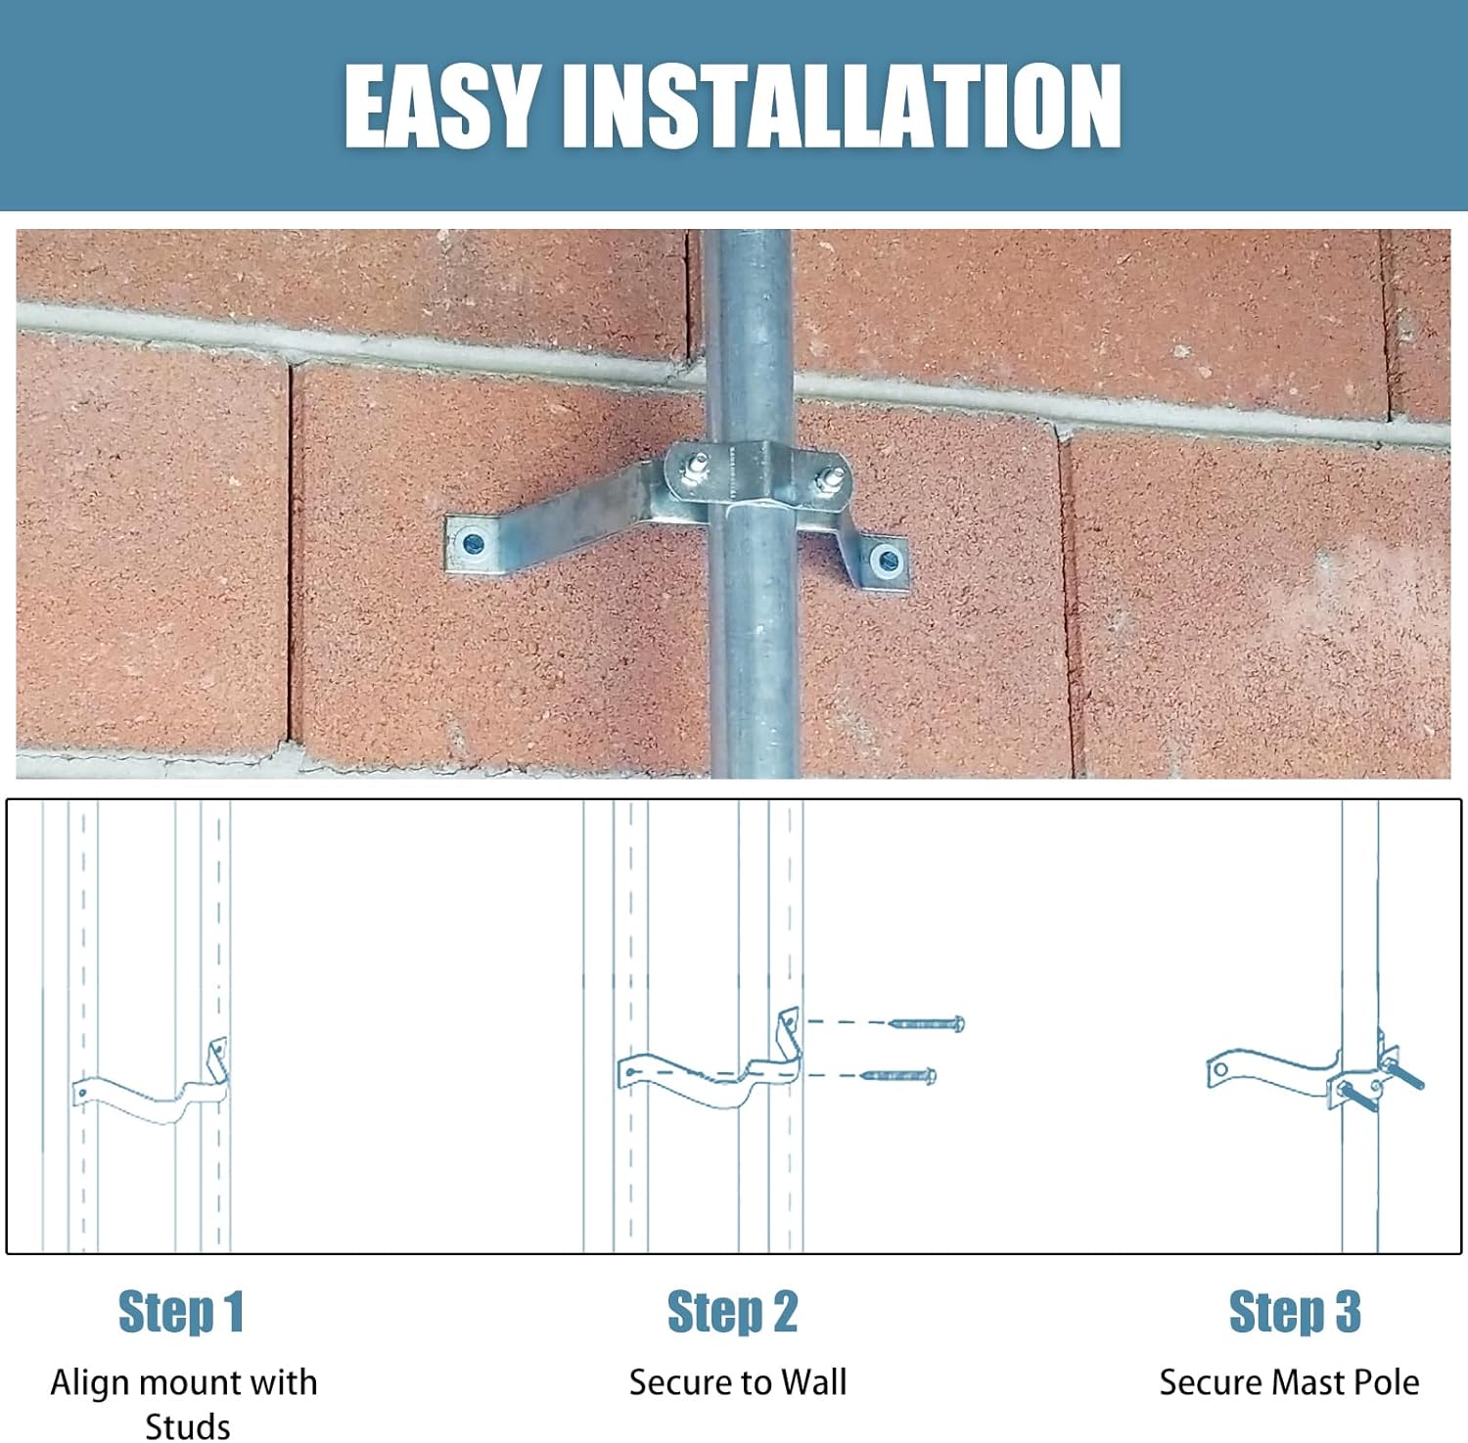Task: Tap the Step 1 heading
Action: (x=180, y=1312)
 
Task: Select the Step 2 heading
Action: (x=732, y=1312)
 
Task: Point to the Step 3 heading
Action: (x=1294, y=1312)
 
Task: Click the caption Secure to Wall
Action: (x=737, y=1382)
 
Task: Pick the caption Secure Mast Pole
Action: (x=1289, y=1382)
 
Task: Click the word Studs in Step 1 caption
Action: (x=187, y=1425)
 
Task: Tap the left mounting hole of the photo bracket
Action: (x=474, y=543)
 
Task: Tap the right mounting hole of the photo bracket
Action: (x=888, y=562)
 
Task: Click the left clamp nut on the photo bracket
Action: (x=697, y=467)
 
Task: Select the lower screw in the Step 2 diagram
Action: (x=898, y=1076)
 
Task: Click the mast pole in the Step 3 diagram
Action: (x=1359, y=929)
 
